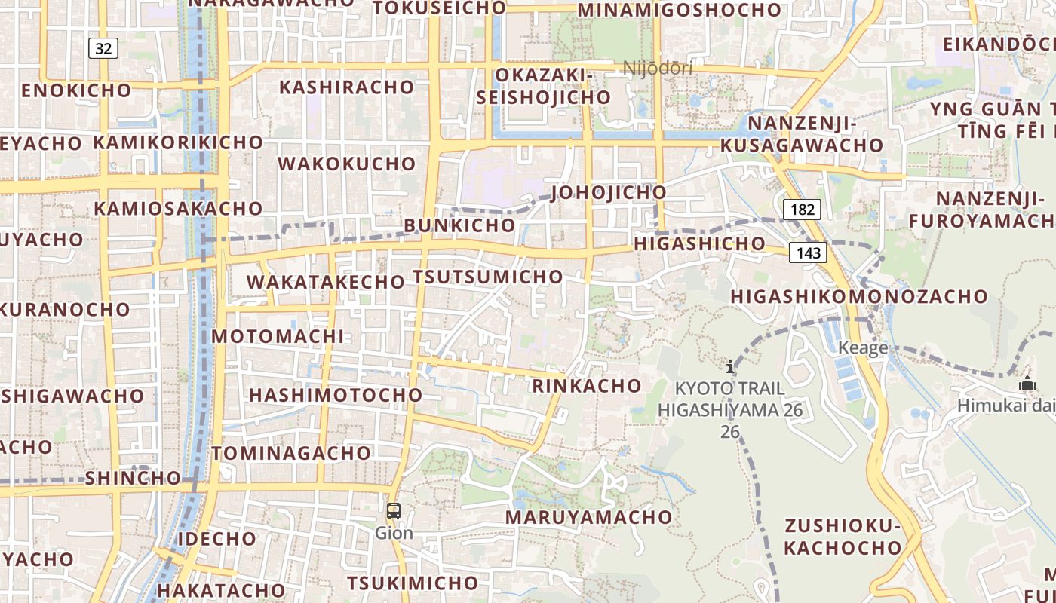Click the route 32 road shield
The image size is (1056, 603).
tap(103, 49)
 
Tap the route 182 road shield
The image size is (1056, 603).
tap(801, 209)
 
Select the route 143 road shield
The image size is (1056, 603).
tap(808, 253)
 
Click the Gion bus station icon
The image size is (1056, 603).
tap(393, 511)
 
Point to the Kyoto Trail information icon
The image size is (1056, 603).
tap(729, 367)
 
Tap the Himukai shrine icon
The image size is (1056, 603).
tap(1027, 384)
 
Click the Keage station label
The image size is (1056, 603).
tap(863, 348)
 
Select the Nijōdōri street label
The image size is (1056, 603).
tap(657, 69)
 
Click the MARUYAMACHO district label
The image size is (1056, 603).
tap(588, 517)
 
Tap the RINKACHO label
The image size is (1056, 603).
tap(586, 386)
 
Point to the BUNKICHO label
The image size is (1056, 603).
tap(459, 225)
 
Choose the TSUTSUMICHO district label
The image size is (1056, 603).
tap(487, 277)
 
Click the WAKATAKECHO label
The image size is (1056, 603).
tap(325, 282)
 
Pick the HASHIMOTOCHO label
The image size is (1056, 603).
tap(336, 395)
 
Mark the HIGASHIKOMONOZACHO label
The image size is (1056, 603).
tap(858, 296)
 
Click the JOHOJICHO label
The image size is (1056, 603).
tap(609, 192)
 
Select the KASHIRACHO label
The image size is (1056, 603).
tap(346, 87)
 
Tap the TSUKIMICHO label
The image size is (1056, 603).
tap(412, 583)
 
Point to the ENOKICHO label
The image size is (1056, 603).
tap(76, 90)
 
